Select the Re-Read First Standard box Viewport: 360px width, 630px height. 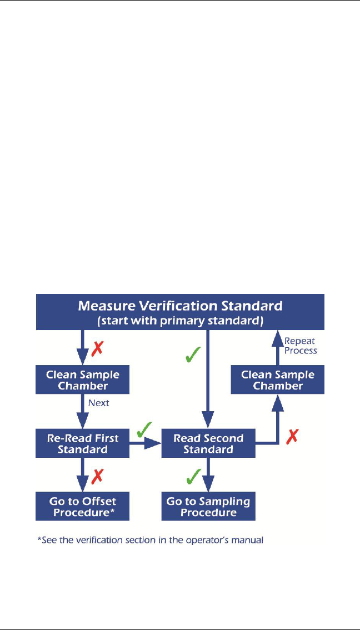coord(82,443)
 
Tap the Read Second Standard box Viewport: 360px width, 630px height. coord(208,443)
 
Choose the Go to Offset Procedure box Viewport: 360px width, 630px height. coord(82,506)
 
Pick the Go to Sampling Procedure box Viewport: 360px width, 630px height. coord(208,506)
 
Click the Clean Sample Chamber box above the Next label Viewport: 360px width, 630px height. coord(82,380)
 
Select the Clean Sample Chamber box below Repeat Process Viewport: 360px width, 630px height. coord(278,380)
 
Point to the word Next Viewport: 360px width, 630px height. coord(99,403)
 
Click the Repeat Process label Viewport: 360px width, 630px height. coord(300,346)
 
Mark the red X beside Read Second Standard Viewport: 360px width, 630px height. coord(292,438)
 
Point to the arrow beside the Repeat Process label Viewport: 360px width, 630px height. coord(278,347)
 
